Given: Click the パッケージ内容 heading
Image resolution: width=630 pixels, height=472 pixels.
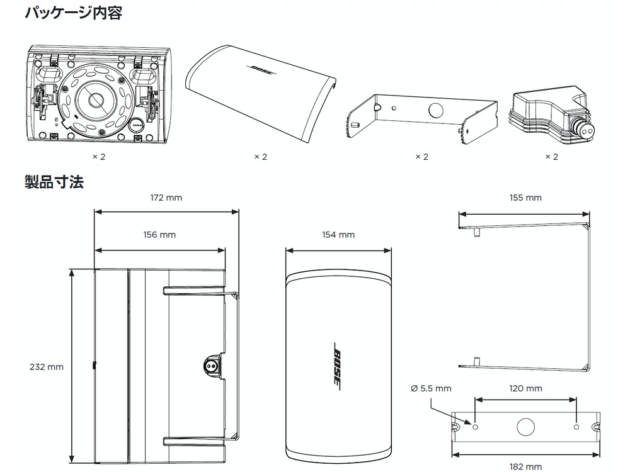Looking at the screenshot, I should coord(72,13).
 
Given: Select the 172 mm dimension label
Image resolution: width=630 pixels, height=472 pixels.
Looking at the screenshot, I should coord(166,198).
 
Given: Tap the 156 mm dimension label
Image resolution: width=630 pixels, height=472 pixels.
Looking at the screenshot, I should coord(159,235).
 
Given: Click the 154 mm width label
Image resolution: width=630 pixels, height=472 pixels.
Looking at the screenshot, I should coord(338,235).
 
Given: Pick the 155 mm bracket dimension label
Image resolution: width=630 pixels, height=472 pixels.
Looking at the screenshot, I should coord(525,198).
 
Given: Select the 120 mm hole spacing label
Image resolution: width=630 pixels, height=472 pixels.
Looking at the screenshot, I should coord(525,388).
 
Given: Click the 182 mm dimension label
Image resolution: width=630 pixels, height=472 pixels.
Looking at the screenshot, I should coord(525,466).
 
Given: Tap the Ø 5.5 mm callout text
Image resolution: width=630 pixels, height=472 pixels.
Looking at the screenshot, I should coord(431,388).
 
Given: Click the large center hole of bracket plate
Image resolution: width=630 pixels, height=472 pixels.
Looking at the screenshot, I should coord(525,427).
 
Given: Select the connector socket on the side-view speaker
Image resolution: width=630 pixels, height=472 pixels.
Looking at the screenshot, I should coord(209,364).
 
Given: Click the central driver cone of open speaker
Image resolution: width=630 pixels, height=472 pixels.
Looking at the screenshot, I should coord(96,101).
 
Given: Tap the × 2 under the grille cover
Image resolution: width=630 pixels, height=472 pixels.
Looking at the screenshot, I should coord(260,157).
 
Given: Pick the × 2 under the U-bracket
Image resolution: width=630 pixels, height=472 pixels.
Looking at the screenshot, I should coord(421,157).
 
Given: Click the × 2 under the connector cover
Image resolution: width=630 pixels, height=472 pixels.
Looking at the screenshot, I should coord(551,157).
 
